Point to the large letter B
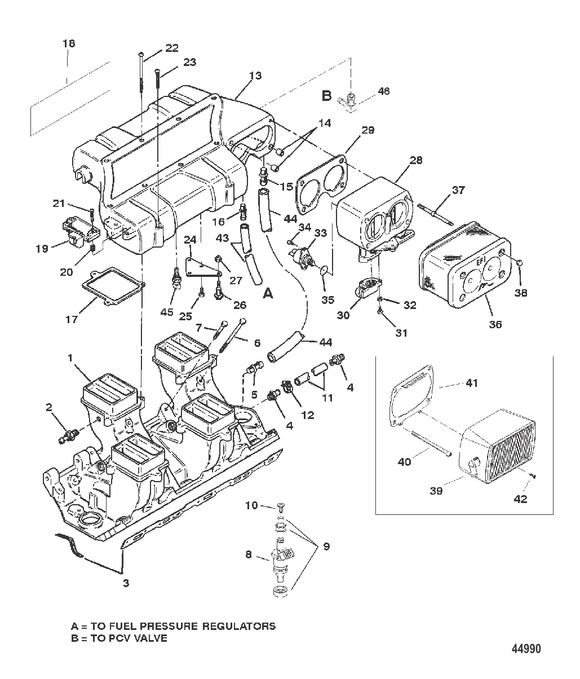326,96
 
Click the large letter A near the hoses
268,293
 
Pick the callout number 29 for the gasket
368,130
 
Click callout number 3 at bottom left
126,583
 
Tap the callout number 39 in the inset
436,491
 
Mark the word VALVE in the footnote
152,638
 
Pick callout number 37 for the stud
458,190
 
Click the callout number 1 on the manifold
70,358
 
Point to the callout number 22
171,48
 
